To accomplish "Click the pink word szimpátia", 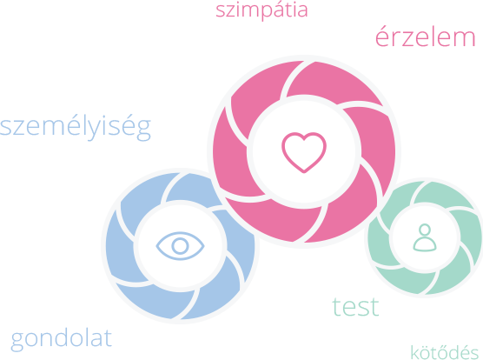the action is tap(261, 10).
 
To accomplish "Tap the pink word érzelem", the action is tap(426, 37).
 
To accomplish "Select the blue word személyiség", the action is tap(76, 126).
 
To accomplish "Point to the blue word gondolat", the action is tap(61, 339).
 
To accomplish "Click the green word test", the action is tap(355, 306).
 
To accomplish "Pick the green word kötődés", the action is tap(445, 351).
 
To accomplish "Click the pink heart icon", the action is tap(304, 152).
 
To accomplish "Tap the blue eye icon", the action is tap(180, 245).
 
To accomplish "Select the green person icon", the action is tap(425, 237).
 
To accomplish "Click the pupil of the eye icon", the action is tap(180, 245).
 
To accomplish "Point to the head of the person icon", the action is tap(425, 230).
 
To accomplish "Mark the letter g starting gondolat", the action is tap(17, 342).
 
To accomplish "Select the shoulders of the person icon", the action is tap(425, 245).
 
